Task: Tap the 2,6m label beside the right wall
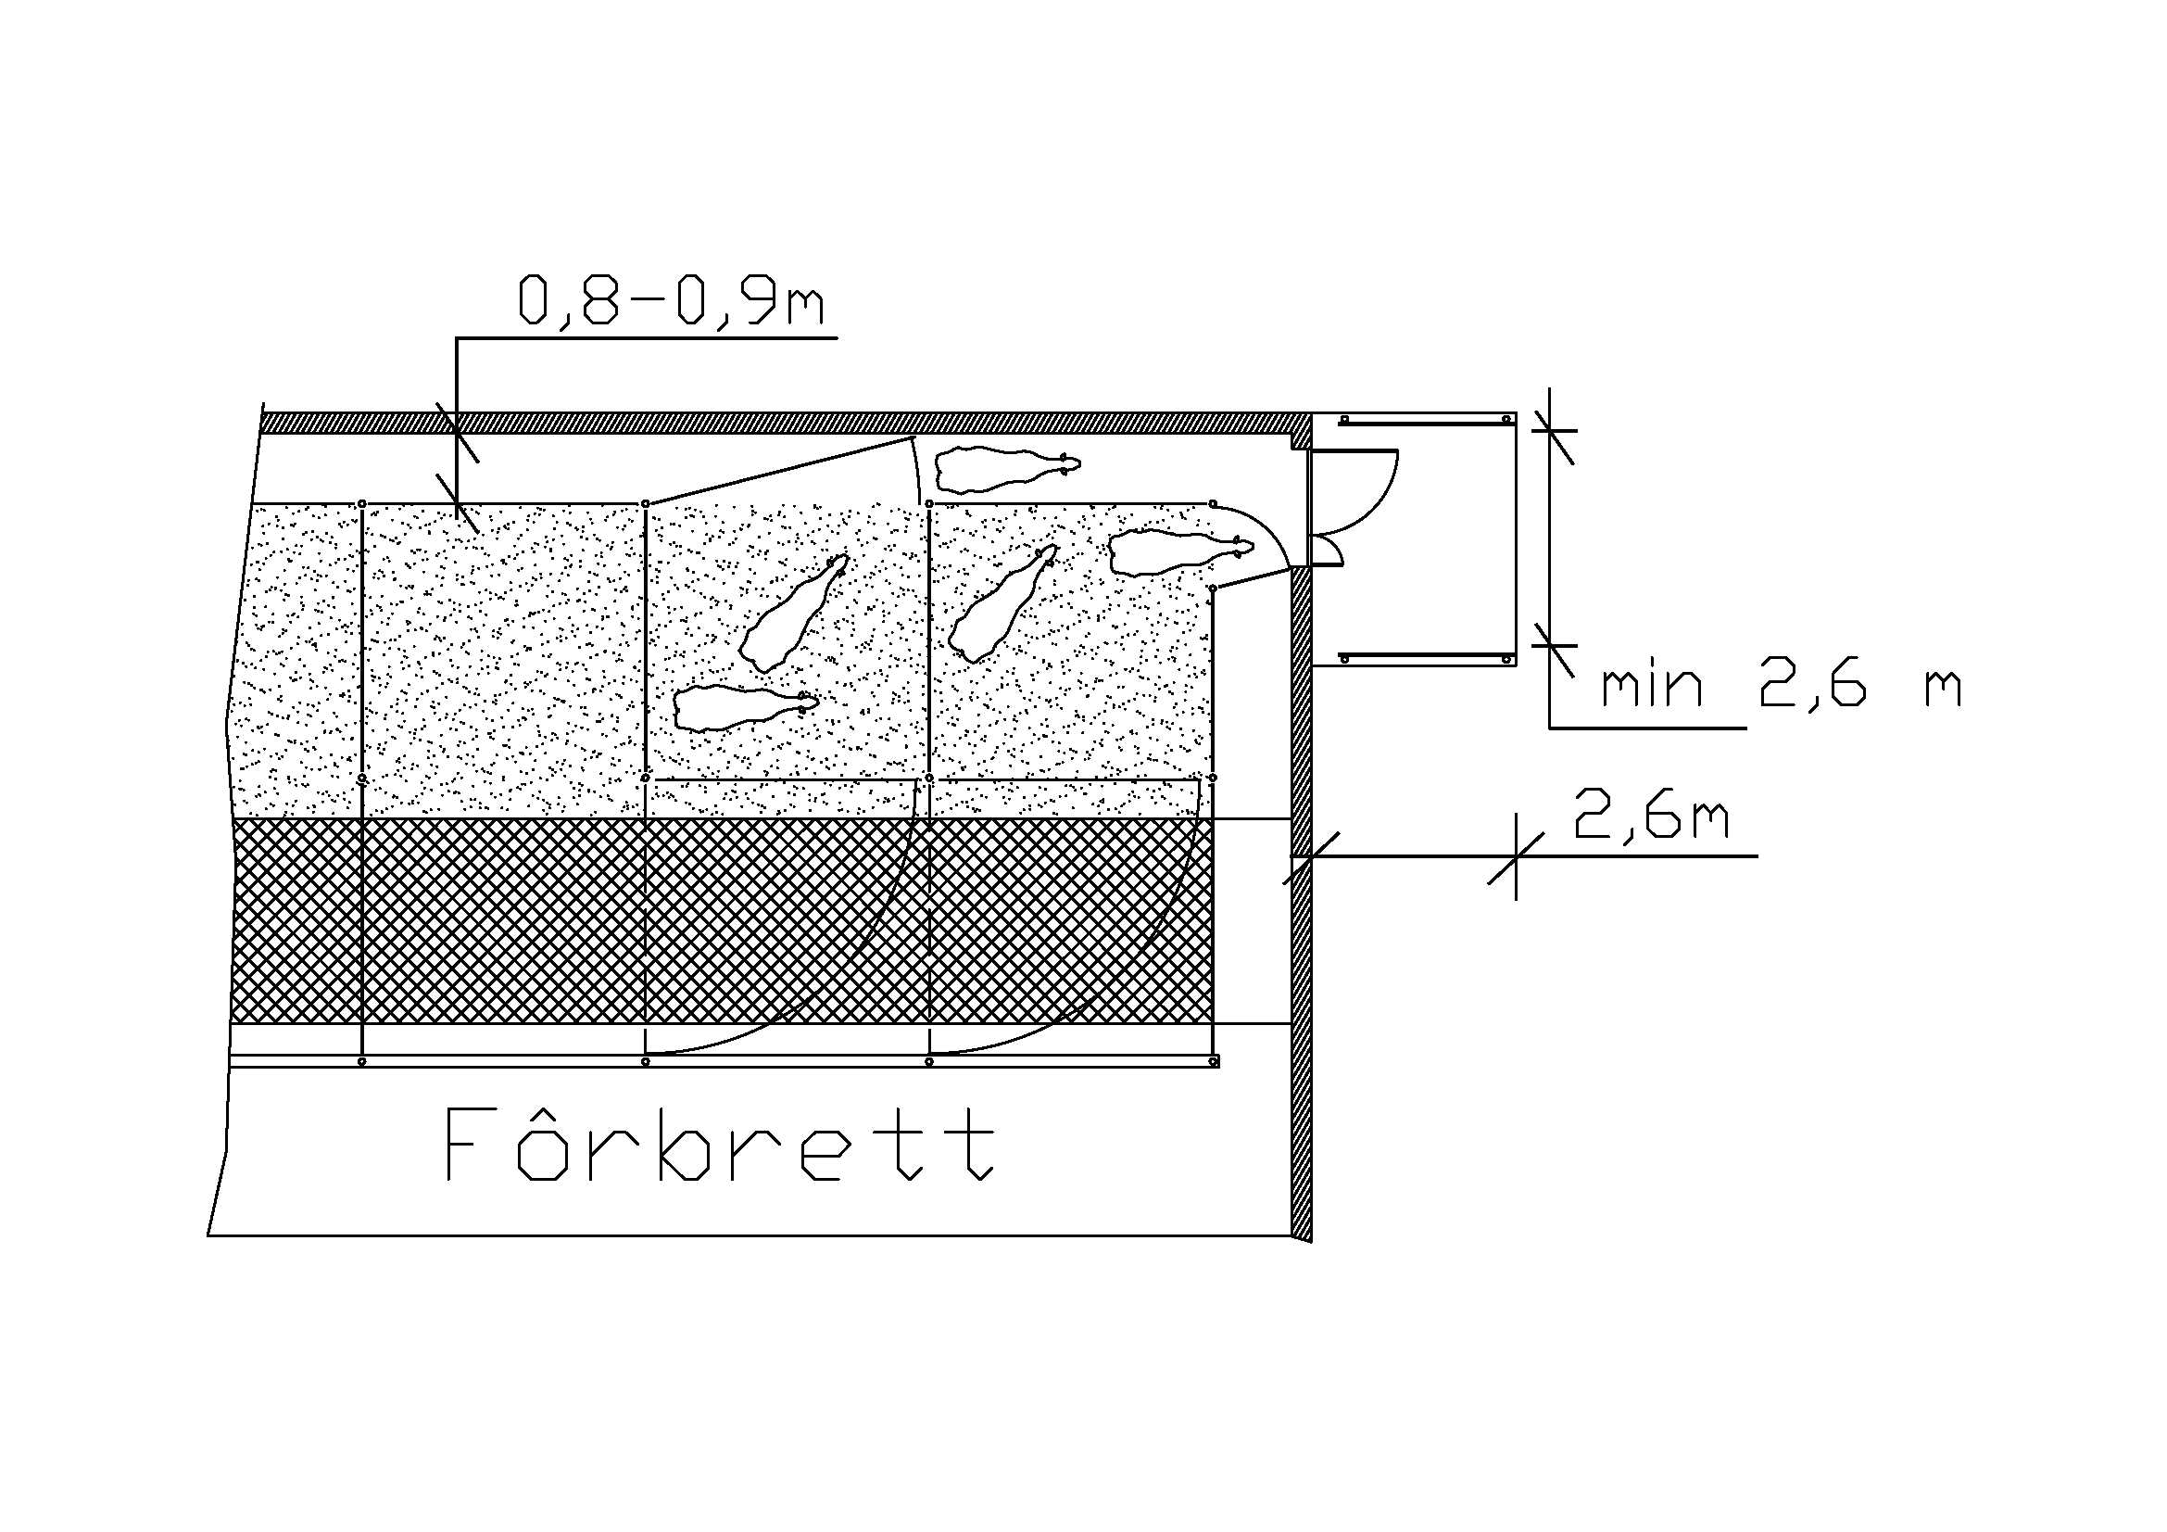click(1651, 817)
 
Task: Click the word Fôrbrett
click(718, 1145)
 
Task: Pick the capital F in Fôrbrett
click(468, 1145)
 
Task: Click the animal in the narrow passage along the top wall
click(1006, 468)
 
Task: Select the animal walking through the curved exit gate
click(1180, 552)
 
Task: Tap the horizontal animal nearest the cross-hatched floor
click(746, 708)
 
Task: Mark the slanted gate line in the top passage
click(779, 470)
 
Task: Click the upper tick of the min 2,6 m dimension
click(1552, 430)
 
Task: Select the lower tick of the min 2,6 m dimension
click(1552, 645)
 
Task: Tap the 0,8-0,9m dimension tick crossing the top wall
click(457, 431)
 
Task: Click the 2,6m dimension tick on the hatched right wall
click(1310, 857)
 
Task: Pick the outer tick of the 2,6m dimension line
click(1516, 857)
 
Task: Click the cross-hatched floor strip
click(722, 920)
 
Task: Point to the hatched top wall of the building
click(786, 423)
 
